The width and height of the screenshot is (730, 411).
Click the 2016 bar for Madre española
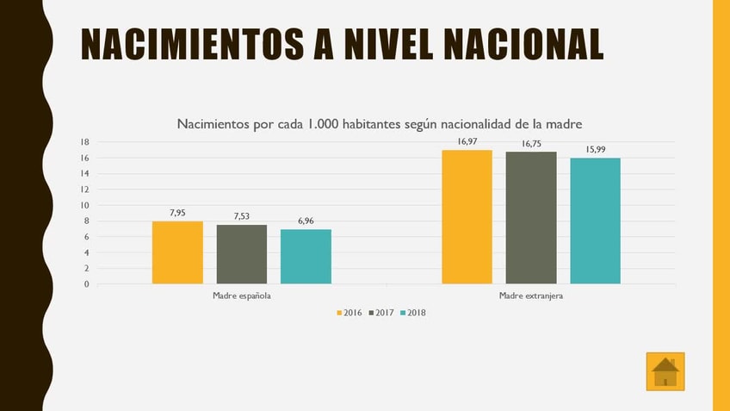pyautogui.click(x=177, y=252)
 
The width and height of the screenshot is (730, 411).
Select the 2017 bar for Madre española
pyautogui.click(x=242, y=254)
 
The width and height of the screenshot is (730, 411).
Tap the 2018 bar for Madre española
pyautogui.click(x=306, y=257)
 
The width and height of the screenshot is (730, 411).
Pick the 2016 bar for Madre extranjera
pyautogui.click(x=467, y=217)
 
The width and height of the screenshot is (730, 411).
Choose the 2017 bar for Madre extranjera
pyautogui.click(x=531, y=218)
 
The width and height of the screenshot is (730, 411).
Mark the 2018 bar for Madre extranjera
pyautogui.click(x=595, y=221)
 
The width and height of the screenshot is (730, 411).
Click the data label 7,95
pyautogui.click(x=177, y=213)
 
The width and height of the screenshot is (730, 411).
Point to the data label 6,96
pyautogui.click(x=306, y=221)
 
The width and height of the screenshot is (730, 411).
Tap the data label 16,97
pyautogui.click(x=467, y=141)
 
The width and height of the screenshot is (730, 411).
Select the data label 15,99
pyautogui.click(x=595, y=149)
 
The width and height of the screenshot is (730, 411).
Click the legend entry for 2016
pyautogui.click(x=349, y=313)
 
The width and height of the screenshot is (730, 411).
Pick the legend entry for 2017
pyautogui.click(x=380, y=313)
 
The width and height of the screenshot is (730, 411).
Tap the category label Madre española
pyautogui.click(x=242, y=296)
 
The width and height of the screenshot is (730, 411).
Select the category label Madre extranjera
pyautogui.click(x=531, y=296)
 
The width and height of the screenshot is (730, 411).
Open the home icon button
pyautogui.click(x=665, y=371)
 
